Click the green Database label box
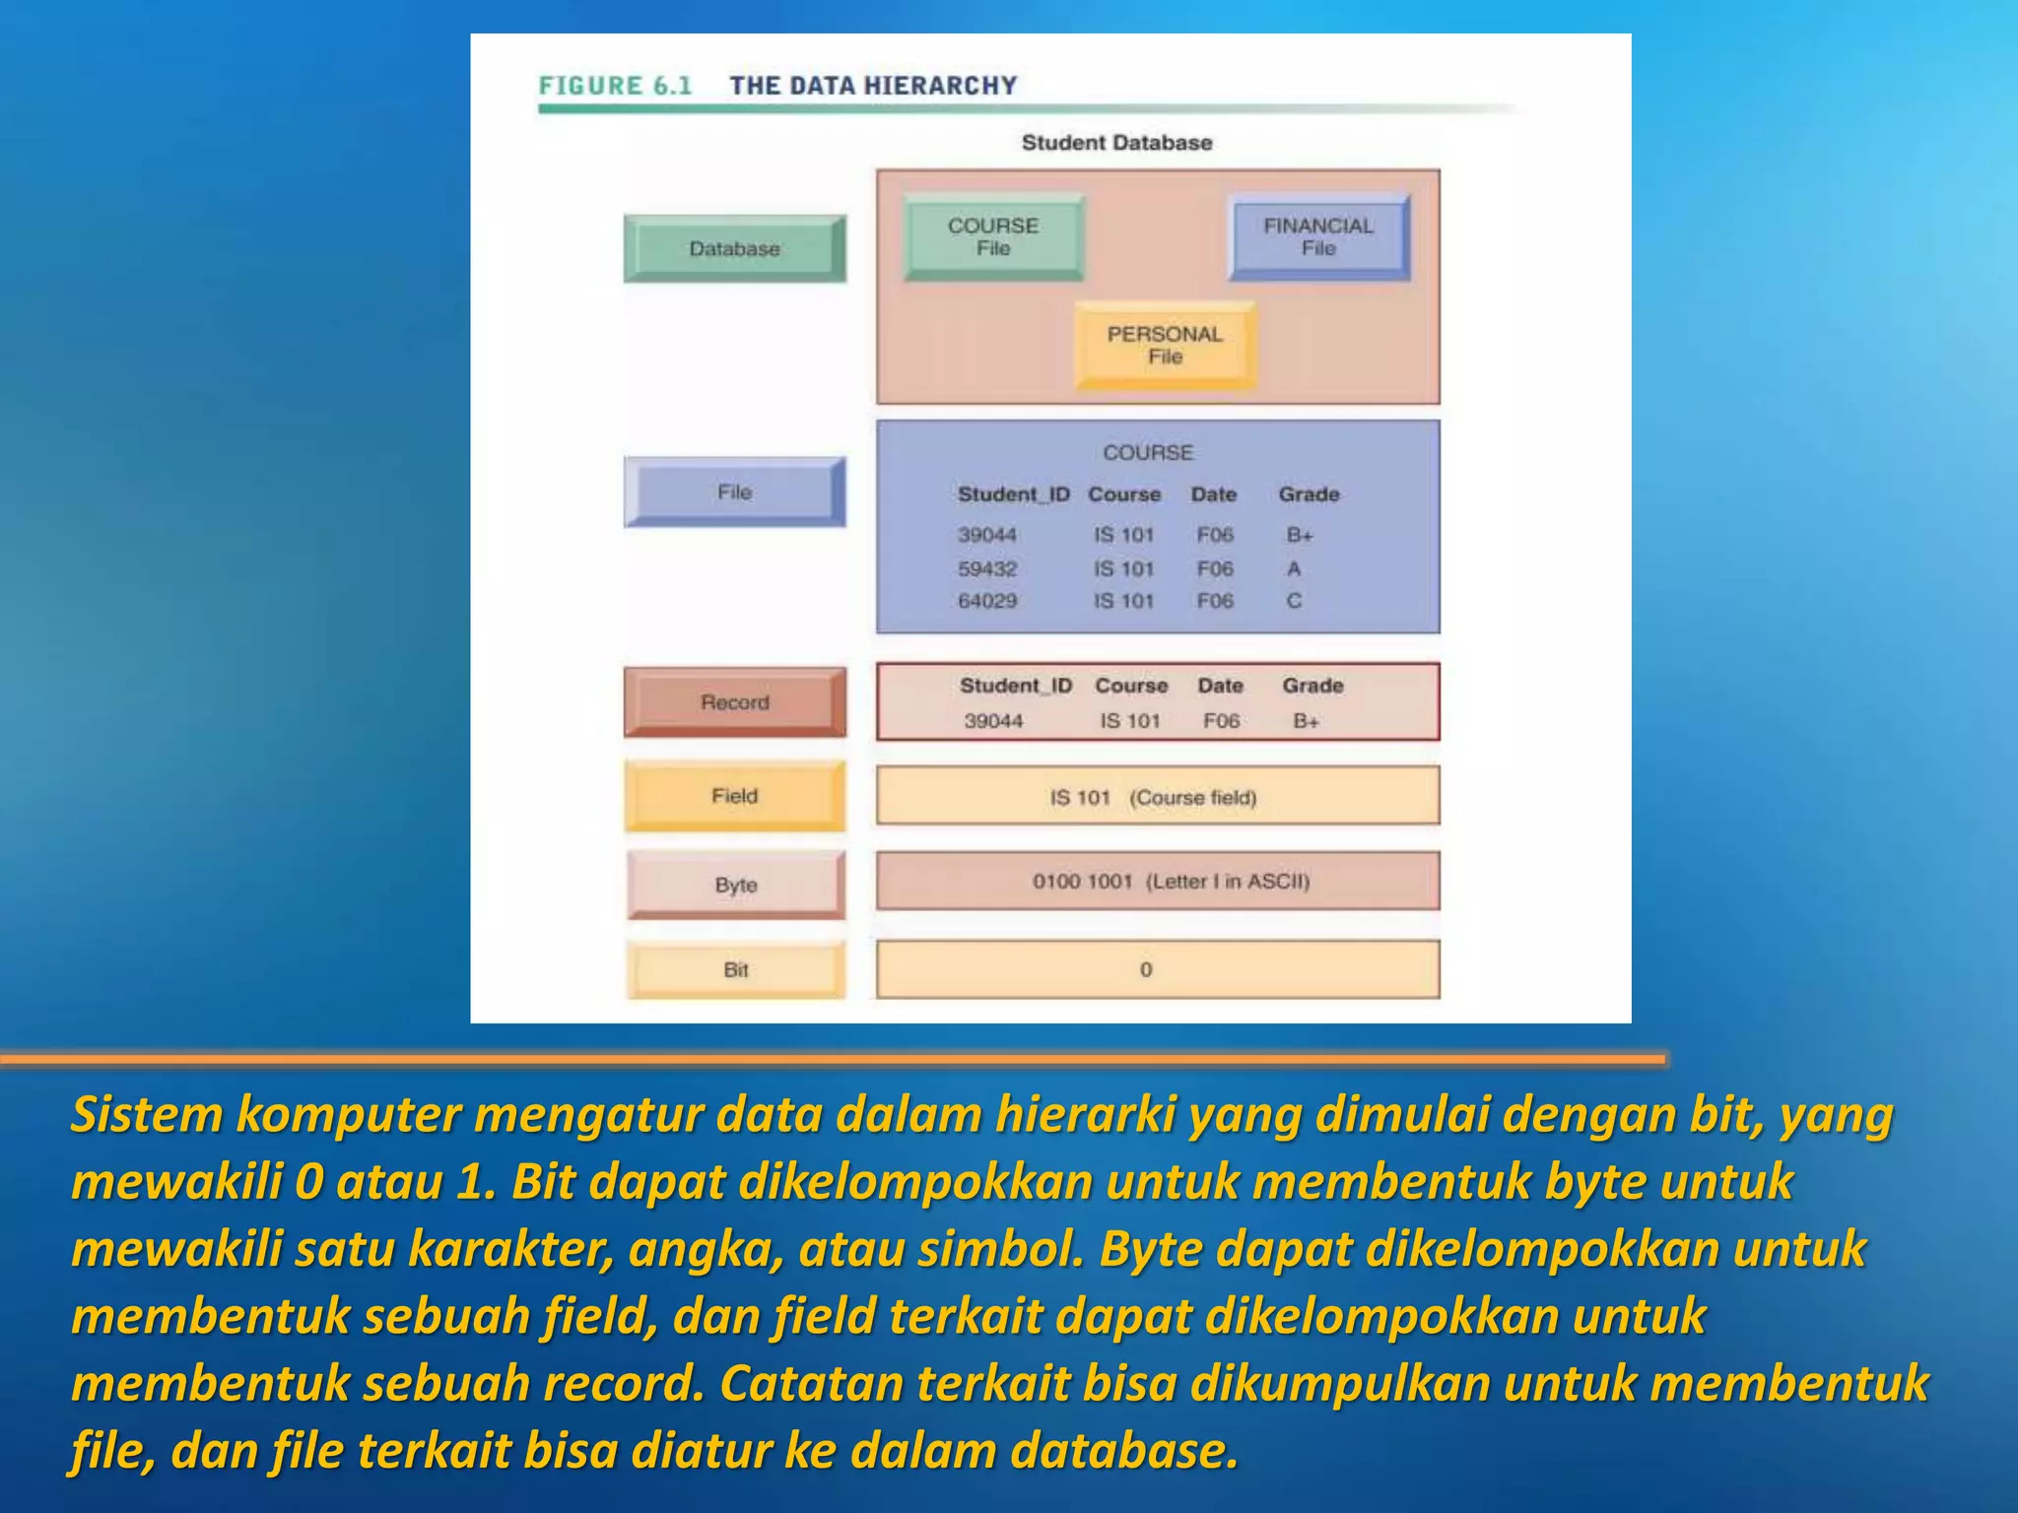pos(734,249)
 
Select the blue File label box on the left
pos(734,492)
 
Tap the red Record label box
pos(734,702)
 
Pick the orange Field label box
pos(734,796)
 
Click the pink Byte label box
pos(735,885)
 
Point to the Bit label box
pos(735,970)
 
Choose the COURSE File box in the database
pos(993,237)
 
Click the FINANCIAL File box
pos(1318,237)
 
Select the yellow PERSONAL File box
pos(1165,346)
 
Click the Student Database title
pos(1116,143)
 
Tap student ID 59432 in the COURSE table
pos(987,569)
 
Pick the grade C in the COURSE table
pos(1294,601)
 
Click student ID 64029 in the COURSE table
pos(987,601)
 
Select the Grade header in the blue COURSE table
pos(1309,494)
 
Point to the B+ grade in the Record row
pos(1306,721)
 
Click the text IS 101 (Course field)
pos(1153,798)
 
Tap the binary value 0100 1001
pos(1082,882)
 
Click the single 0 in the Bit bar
pos(1146,970)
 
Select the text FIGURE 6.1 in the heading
pos(615,86)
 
